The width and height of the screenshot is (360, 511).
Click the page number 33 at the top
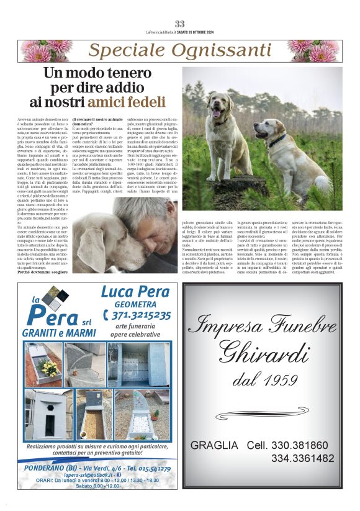coord(180,24)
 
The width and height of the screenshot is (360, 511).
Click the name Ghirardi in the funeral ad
coord(263,352)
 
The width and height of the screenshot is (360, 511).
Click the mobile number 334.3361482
coord(302,458)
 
